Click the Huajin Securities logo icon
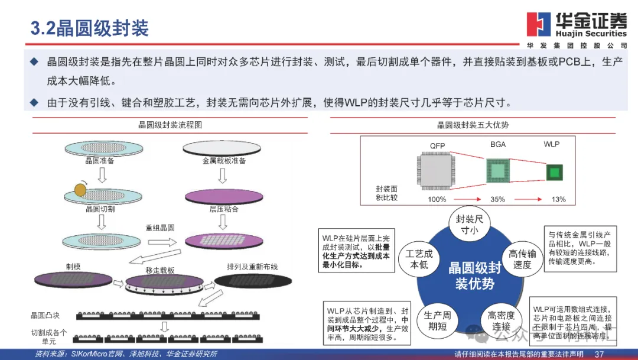pos(539,25)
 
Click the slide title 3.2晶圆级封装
pos(89,28)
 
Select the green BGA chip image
pos(497,171)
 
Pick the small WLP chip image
pos(554,172)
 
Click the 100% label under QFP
pos(437,199)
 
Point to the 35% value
pos(497,199)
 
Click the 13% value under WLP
pos(558,199)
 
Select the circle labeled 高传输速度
pos(522,259)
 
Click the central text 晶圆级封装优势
pos(474,276)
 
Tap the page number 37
pos(599,354)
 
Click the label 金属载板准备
pos(224,161)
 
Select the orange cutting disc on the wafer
pos(80,190)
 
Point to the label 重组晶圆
pos(160,228)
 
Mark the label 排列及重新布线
pos(252,265)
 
